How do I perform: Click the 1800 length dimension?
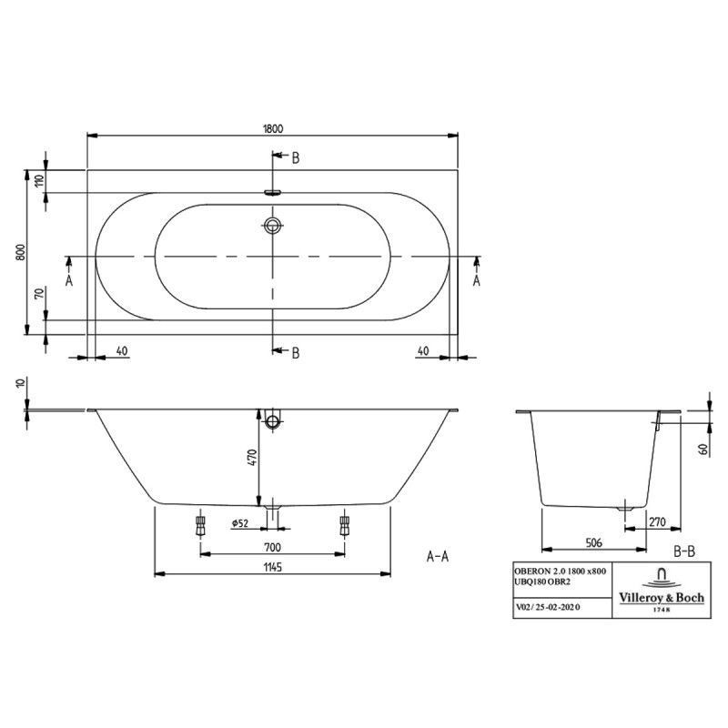pos(272,128)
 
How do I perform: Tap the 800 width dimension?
pos(21,252)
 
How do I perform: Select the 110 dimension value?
pos(39,179)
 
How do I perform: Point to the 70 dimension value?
pos(39,293)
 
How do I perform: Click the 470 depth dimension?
pos(252,458)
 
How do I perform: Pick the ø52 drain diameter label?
pos(240,523)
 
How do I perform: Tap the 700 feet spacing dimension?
pos(272,548)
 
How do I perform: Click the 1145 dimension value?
pos(272,567)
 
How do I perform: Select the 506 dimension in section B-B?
pos(593,542)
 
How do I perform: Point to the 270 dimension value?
pos(657,522)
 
